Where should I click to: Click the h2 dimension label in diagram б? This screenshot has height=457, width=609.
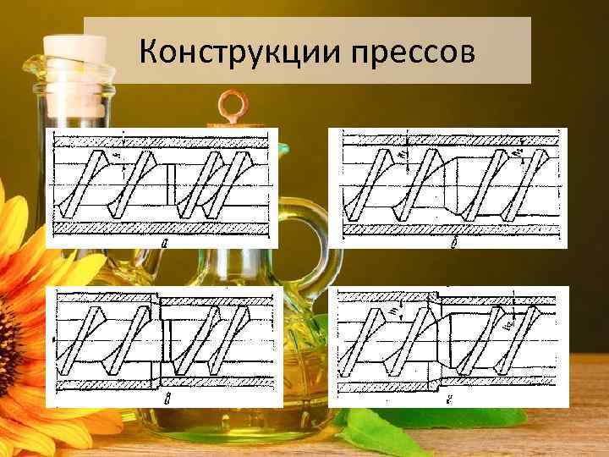(518, 153)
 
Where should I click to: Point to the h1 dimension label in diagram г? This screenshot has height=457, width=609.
(398, 314)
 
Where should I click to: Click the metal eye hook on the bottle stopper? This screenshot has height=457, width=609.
(229, 106)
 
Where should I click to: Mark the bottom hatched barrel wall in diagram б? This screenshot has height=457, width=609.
(448, 228)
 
